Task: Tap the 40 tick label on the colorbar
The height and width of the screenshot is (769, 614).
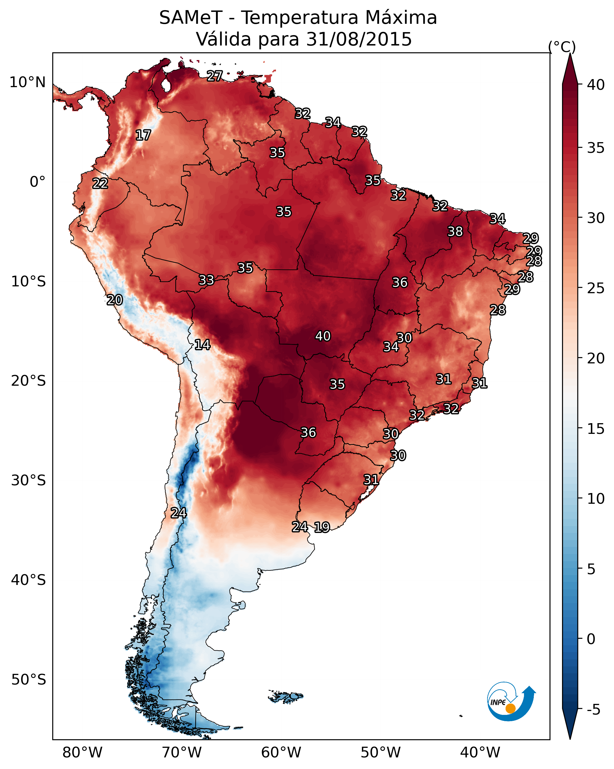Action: pyautogui.click(x=596, y=85)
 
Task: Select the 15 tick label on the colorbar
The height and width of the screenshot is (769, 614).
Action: pyautogui.click(x=596, y=429)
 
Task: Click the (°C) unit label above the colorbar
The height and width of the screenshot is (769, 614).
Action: pyautogui.click(x=562, y=47)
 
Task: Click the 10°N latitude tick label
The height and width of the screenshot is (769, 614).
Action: pyautogui.click(x=27, y=82)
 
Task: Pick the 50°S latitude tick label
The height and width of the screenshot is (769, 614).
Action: pyautogui.click(x=29, y=679)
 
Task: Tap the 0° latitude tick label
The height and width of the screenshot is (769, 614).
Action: pyautogui.click(x=37, y=182)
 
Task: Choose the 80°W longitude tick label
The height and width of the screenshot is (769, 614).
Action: pyautogui.click(x=82, y=753)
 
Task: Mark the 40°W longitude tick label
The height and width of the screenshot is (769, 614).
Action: pyautogui.click(x=480, y=753)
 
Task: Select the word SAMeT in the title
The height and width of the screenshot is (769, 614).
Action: pyautogui.click(x=191, y=18)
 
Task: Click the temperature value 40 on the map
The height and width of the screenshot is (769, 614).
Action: pyautogui.click(x=323, y=336)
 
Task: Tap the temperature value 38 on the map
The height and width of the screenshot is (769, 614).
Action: pyautogui.click(x=455, y=231)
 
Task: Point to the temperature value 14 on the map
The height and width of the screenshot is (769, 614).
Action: pyautogui.click(x=202, y=345)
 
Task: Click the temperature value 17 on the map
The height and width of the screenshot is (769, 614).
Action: pyautogui.click(x=143, y=135)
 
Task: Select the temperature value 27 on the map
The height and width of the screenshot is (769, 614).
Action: pyautogui.click(x=215, y=76)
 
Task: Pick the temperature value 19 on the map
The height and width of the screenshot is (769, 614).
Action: pyautogui.click(x=322, y=527)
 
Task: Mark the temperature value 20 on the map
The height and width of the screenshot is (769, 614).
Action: pyautogui.click(x=115, y=300)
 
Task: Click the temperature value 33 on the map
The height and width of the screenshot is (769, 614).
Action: pyautogui.click(x=206, y=280)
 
